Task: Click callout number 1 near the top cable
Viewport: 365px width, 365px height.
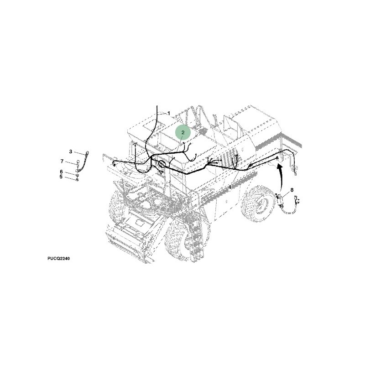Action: pos(169,113)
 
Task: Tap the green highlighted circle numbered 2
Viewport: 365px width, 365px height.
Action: pos(183,132)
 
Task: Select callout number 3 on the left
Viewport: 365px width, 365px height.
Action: pos(71,152)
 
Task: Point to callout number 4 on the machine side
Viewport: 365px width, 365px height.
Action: pos(229,187)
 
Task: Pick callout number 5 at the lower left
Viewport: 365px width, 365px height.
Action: pos(61,177)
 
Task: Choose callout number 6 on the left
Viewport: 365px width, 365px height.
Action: pos(61,172)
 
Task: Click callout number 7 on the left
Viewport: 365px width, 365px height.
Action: pos(62,162)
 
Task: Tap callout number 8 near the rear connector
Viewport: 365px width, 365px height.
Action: pos(292,190)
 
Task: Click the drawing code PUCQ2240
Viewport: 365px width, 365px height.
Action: pos(59,258)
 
